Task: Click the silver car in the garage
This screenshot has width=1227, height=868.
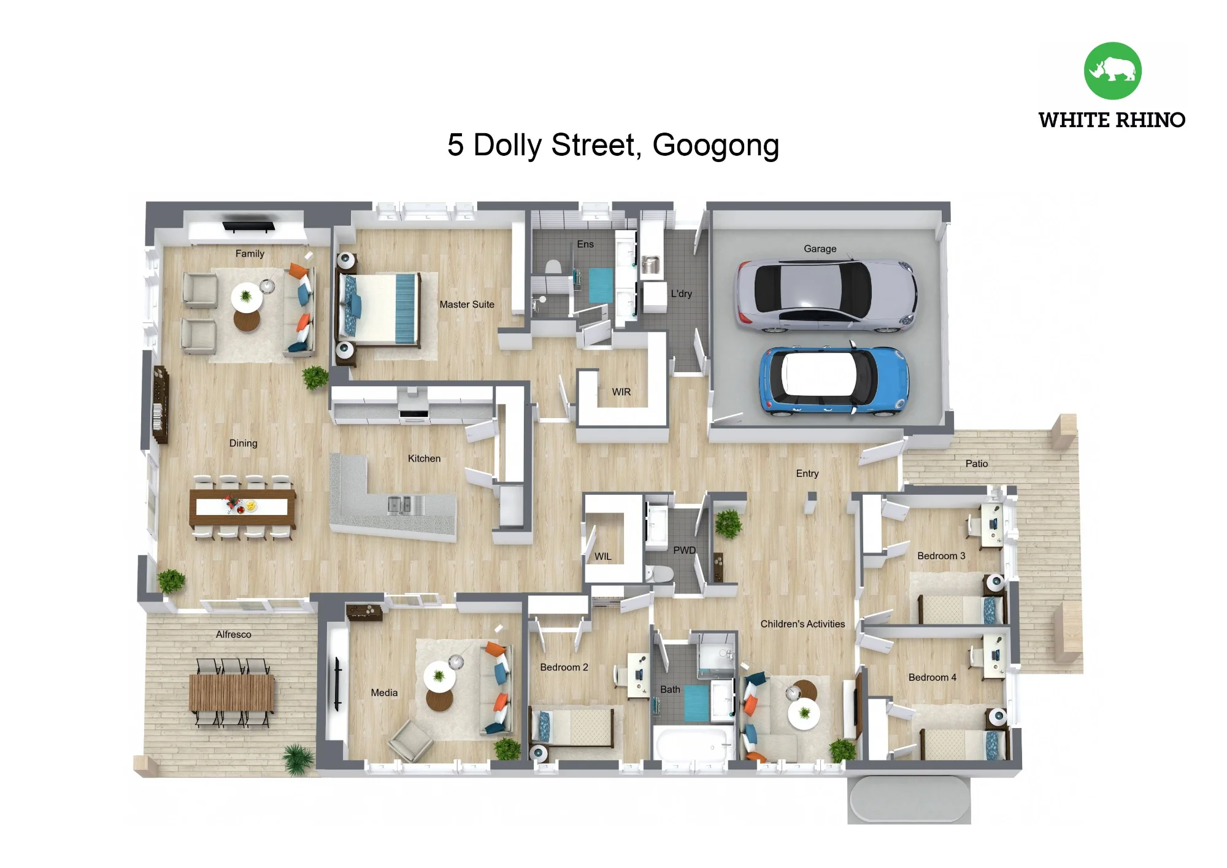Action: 826,296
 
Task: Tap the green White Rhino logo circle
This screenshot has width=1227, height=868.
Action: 1112,71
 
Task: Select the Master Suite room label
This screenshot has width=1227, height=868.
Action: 467,304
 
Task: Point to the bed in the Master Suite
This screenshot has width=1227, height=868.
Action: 379,308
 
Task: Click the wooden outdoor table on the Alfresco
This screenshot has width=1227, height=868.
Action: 231,692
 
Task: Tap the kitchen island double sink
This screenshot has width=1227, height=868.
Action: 406,505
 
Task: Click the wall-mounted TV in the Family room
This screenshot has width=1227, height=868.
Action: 248,226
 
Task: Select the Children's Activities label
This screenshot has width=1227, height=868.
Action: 802,624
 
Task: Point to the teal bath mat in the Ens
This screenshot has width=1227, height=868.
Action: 601,285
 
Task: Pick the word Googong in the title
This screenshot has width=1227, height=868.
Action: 715,146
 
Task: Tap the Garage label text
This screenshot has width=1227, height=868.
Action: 820,249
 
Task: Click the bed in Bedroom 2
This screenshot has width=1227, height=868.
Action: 572,727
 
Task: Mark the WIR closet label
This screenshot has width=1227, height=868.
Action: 621,392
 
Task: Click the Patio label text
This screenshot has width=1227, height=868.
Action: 977,464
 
